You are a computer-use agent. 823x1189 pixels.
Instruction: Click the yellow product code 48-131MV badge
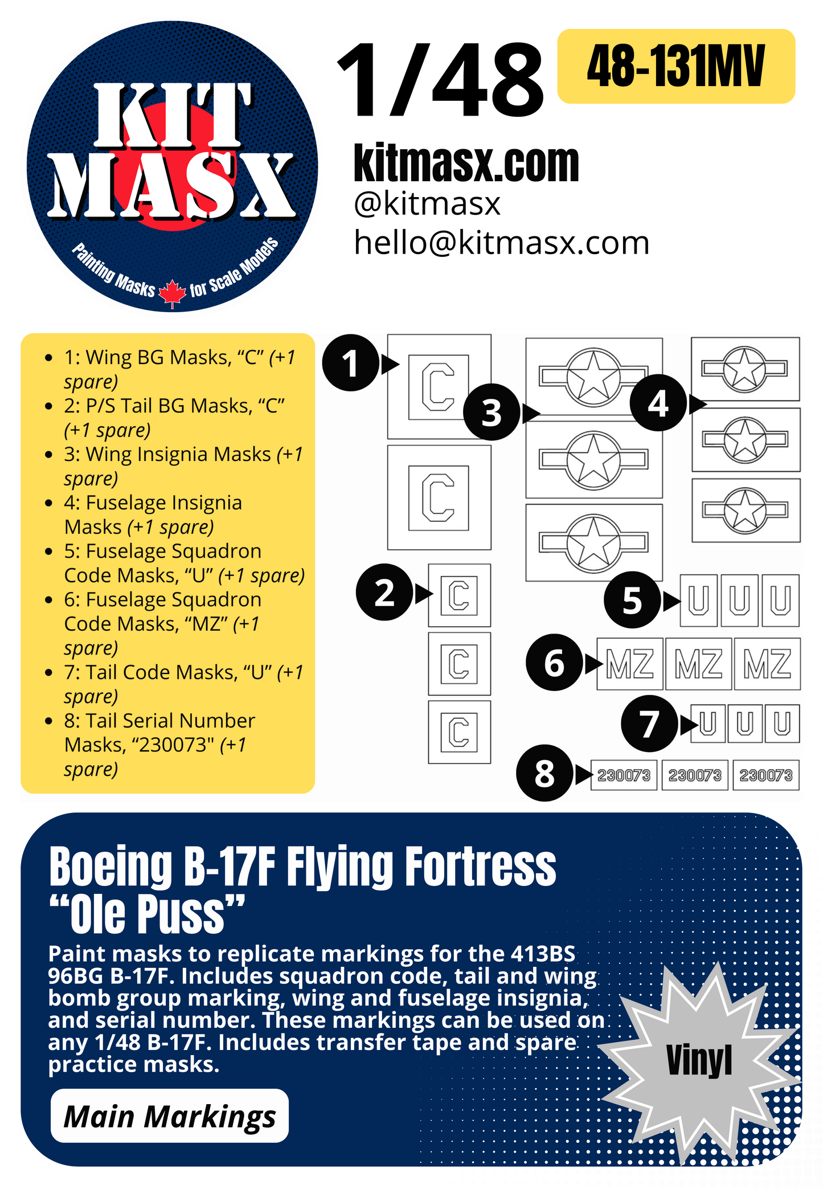click(675, 66)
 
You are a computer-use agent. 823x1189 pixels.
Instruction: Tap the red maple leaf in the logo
click(172, 294)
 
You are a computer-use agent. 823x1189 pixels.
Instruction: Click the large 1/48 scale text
click(440, 81)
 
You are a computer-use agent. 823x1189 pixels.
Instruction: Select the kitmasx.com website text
click(466, 163)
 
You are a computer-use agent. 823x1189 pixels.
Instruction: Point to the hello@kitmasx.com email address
click(501, 243)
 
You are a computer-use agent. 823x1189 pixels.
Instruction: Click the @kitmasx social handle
click(427, 203)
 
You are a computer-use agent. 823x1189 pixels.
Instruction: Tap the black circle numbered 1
click(350, 363)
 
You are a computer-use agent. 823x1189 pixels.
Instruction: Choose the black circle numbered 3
click(492, 412)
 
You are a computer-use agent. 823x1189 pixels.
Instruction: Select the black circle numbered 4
click(658, 403)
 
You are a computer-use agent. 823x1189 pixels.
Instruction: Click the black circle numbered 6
click(554, 663)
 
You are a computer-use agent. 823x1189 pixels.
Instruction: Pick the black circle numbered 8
click(544, 773)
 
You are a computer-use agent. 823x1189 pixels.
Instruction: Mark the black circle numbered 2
click(384, 593)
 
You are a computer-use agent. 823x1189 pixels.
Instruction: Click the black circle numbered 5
click(632, 600)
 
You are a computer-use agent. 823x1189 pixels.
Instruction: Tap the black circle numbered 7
click(649, 724)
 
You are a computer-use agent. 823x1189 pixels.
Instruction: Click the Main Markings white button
click(169, 1116)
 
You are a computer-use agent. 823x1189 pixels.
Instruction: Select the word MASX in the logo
click(172, 186)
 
